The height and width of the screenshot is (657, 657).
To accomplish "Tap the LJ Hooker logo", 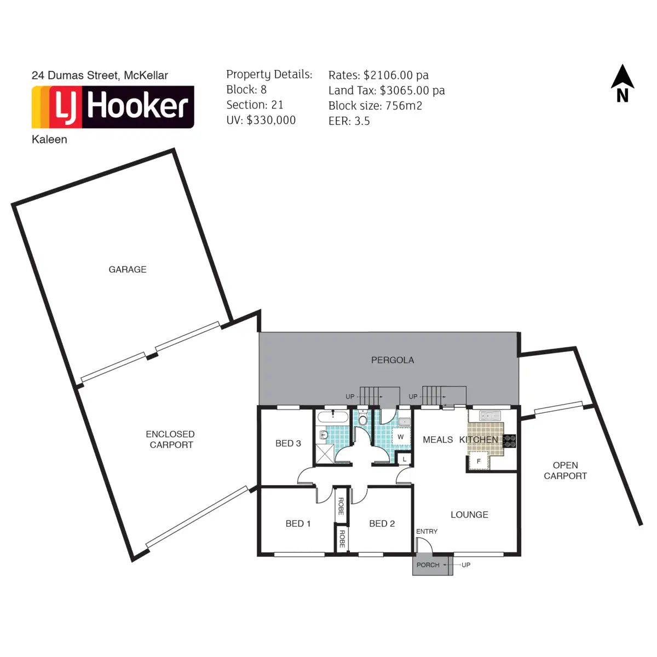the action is click(113, 107).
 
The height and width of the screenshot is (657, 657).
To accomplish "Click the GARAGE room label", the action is click(128, 269).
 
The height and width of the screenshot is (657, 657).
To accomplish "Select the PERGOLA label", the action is click(393, 360).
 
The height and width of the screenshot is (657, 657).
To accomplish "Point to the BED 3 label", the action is click(288, 443).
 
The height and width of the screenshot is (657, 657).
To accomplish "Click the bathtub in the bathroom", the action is click(333, 417).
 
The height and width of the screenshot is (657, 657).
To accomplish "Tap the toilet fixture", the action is click(362, 419).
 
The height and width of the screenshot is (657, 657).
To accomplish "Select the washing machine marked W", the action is click(401, 437).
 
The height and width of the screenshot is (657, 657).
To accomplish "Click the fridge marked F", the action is click(479, 462).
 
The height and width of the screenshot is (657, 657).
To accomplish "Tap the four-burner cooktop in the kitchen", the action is click(510, 441).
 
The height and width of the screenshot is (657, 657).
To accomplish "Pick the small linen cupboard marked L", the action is click(404, 459).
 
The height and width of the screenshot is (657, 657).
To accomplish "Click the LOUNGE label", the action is click(469, 515).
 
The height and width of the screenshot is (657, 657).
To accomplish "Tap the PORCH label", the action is click(428, 565).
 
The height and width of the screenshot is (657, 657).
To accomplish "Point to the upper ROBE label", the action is click(341, 506).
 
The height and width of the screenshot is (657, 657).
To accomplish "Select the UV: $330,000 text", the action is click(261, 120).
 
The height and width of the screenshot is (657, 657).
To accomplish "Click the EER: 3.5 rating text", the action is click(349, 122).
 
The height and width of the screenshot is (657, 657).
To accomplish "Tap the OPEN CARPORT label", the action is click(565, 471).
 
